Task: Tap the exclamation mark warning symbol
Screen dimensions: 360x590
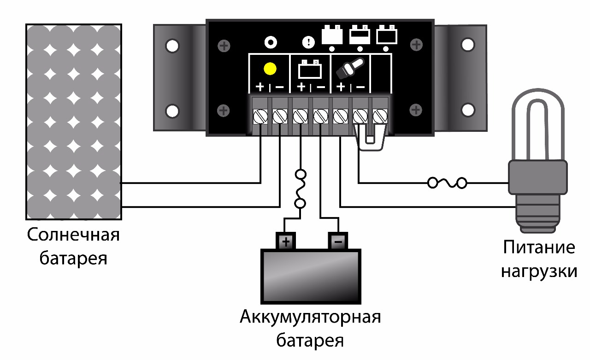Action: tap(307, 43)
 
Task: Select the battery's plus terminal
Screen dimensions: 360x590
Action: tap(286, 241)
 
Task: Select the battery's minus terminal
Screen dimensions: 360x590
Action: tap(338, 241)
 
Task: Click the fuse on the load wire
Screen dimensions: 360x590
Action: tap(447, 183)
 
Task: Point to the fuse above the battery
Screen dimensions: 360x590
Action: tap(301, 189)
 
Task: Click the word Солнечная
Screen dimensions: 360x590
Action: tap(73, 235)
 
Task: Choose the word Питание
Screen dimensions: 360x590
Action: tap(539, 248)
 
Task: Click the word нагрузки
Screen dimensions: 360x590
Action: tap(539, 271)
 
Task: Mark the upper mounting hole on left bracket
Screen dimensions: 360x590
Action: tap(172, 46)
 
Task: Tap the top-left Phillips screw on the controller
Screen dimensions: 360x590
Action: tap(224, 46)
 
